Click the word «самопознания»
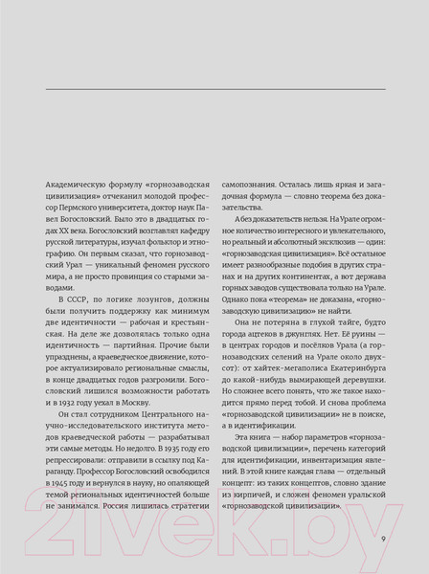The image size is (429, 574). (x=252, y=181)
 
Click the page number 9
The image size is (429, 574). (x=382, y=539)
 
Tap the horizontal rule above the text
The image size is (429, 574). (x=214, y=89)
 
